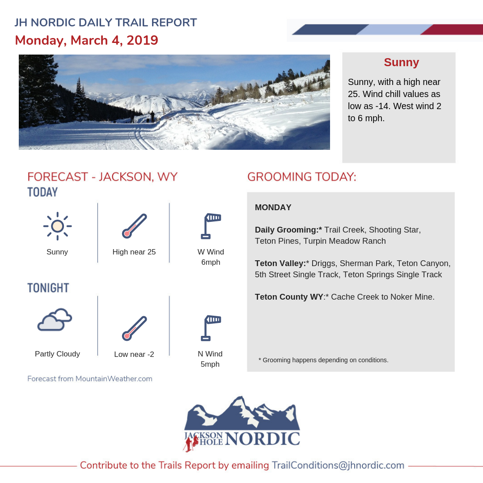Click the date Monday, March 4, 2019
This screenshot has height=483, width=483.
click(x=87, y=40)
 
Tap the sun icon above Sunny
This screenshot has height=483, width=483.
click(x=57, y=226)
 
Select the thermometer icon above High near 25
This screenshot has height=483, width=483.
click(x=134, y=226)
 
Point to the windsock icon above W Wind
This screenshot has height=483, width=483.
click(x=211, y=226)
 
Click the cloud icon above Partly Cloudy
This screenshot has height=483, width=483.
click(x=55, y=319)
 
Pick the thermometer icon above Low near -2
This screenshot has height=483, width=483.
click(x=134, y=328)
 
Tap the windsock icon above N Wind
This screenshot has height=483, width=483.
click(x=211, y=328)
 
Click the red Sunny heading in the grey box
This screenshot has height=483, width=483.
click(x=401, y=62)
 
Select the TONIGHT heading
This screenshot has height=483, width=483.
click(x=48, y=288)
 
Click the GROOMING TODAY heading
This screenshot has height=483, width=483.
click(x=302, y=177)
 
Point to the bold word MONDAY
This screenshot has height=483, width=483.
click(x=273, y=208)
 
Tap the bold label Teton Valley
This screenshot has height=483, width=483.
click(x=280, y=263)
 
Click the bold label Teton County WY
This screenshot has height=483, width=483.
click(x=289, y=297)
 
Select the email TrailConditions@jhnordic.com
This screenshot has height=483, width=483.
click(x=338, y=465)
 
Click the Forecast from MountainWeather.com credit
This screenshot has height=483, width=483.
click(x=89, y=379)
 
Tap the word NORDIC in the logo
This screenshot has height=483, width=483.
click(x=263, y=438)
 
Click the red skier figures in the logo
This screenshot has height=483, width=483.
click(x=191, y=444)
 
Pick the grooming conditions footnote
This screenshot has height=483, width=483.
click(x=323, y=360)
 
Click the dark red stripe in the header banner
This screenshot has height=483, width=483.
click(x=452, y=29)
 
